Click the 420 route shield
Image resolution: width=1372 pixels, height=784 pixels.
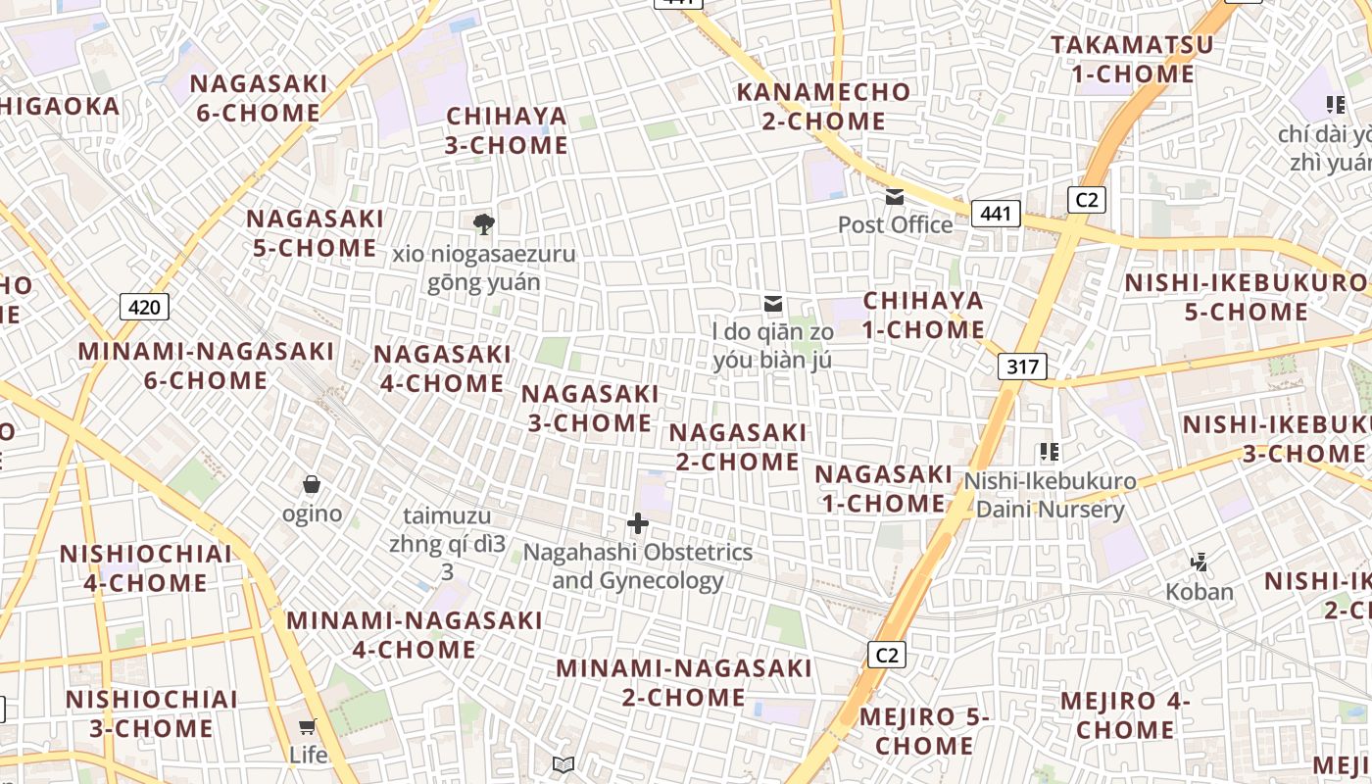coord(144,307)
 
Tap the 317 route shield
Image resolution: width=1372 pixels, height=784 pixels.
coord(1022,367)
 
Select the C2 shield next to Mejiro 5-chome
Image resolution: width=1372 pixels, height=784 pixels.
coord(886,655)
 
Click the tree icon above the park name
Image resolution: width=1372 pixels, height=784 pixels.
coord(483,224)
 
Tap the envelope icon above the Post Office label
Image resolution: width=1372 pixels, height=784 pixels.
coord(895,197)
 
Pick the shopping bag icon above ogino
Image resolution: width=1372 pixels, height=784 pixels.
coord(312,484)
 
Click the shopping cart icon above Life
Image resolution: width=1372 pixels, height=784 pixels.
coord(308,726)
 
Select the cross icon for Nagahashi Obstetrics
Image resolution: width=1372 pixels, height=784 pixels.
coord(638,523)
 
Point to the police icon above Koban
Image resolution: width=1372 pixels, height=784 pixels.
coord(1199,563)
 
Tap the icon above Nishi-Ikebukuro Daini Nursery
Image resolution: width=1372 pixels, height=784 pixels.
coord(1050,452)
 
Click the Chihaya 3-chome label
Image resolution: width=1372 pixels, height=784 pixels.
coord(507,130)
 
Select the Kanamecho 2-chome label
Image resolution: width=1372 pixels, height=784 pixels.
coord(824,107)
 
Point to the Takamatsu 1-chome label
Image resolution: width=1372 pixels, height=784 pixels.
coord(1132,59)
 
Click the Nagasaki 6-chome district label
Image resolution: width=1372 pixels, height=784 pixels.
coord(259,98)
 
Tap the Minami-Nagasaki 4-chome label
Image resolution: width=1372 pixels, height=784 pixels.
coord(414,635)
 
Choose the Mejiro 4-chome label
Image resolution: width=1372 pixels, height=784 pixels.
coord(1125,715)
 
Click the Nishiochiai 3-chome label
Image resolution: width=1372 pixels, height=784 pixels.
coord(151,713)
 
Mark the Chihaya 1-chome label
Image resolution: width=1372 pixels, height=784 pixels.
coord(923,315)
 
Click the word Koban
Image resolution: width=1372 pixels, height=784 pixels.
coord(1200,592)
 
